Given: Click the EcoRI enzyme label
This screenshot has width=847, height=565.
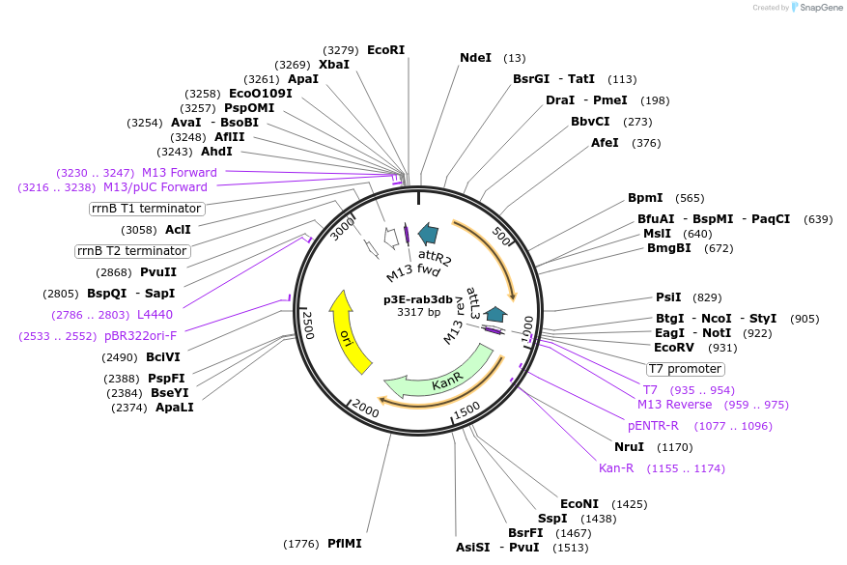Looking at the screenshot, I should click(385, 50).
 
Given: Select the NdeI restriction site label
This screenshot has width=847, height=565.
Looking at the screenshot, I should click(475, 58).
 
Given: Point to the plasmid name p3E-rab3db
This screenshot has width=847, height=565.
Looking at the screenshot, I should click(418, 299).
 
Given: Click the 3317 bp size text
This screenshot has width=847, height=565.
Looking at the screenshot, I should click(418, 312).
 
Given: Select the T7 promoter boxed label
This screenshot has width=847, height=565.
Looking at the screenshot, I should click(684, 369).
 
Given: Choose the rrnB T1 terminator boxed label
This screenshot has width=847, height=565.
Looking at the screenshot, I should click(147, 209).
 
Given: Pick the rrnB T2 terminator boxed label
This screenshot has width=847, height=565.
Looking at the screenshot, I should click(133, 251).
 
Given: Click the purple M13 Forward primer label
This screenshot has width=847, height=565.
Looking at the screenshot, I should click(179, 173).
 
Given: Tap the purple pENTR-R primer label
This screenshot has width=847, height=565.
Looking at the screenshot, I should click(653, 426).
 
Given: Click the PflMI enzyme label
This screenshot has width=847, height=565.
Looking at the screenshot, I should click(345, 544).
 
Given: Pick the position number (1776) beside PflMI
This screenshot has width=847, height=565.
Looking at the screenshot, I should click(301, 545).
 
